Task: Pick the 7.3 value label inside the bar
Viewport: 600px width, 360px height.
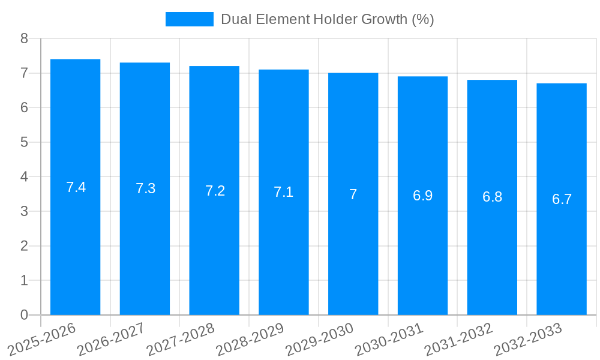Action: point(145,188)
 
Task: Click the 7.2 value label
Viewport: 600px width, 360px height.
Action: point(215,191)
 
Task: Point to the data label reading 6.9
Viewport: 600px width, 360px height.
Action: point(422,196)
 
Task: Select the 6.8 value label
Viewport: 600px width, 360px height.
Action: point(492,197)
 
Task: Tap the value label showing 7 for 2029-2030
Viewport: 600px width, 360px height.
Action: point(353,194)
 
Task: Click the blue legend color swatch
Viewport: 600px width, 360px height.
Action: point(189,19)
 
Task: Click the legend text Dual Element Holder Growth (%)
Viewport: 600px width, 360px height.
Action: point(327,19)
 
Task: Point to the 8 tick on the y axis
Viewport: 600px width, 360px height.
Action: point(24,38)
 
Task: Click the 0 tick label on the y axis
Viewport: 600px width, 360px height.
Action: point(24,315)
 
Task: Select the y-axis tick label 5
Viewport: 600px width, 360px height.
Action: point(24,142)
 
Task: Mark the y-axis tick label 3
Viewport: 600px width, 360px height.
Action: point(24,211)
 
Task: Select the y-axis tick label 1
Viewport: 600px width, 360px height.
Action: point(24,280)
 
